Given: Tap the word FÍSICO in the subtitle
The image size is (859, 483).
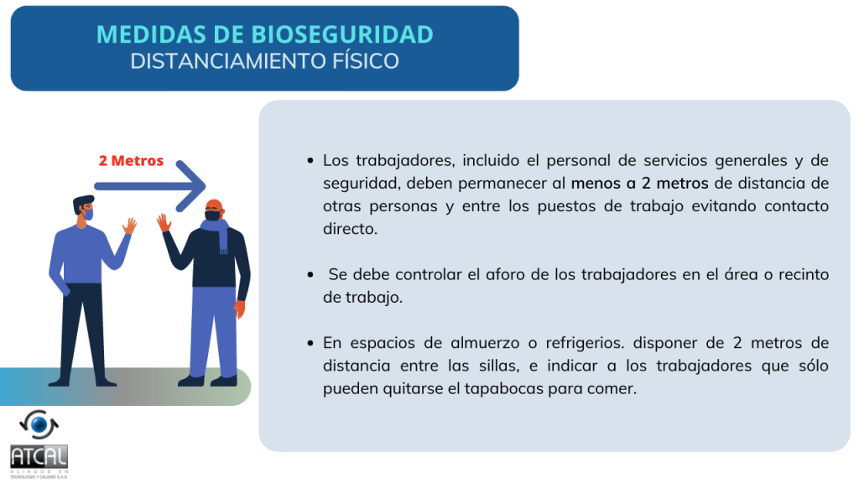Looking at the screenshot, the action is tap(366, 61).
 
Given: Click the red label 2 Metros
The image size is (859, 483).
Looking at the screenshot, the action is tap(131, 161).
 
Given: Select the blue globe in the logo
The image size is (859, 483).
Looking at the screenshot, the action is tap(39, 424).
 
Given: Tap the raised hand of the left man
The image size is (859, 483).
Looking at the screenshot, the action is tap(130, 226).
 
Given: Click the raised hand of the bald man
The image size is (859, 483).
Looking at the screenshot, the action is tap(164, 222).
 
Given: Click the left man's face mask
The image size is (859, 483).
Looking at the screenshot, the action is tap(88, 214).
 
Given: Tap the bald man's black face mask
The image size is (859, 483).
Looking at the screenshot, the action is tap(213, 215).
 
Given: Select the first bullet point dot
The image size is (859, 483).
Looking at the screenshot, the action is tap(310, 161).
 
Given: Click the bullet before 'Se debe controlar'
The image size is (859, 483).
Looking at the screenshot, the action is tap(310, 275).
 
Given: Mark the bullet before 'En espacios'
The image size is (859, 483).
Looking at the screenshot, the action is tap(310, 343).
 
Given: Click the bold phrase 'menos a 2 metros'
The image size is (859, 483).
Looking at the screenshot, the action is tap(639, 184).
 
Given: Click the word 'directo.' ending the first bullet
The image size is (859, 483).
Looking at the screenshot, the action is tap(350, 229).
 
